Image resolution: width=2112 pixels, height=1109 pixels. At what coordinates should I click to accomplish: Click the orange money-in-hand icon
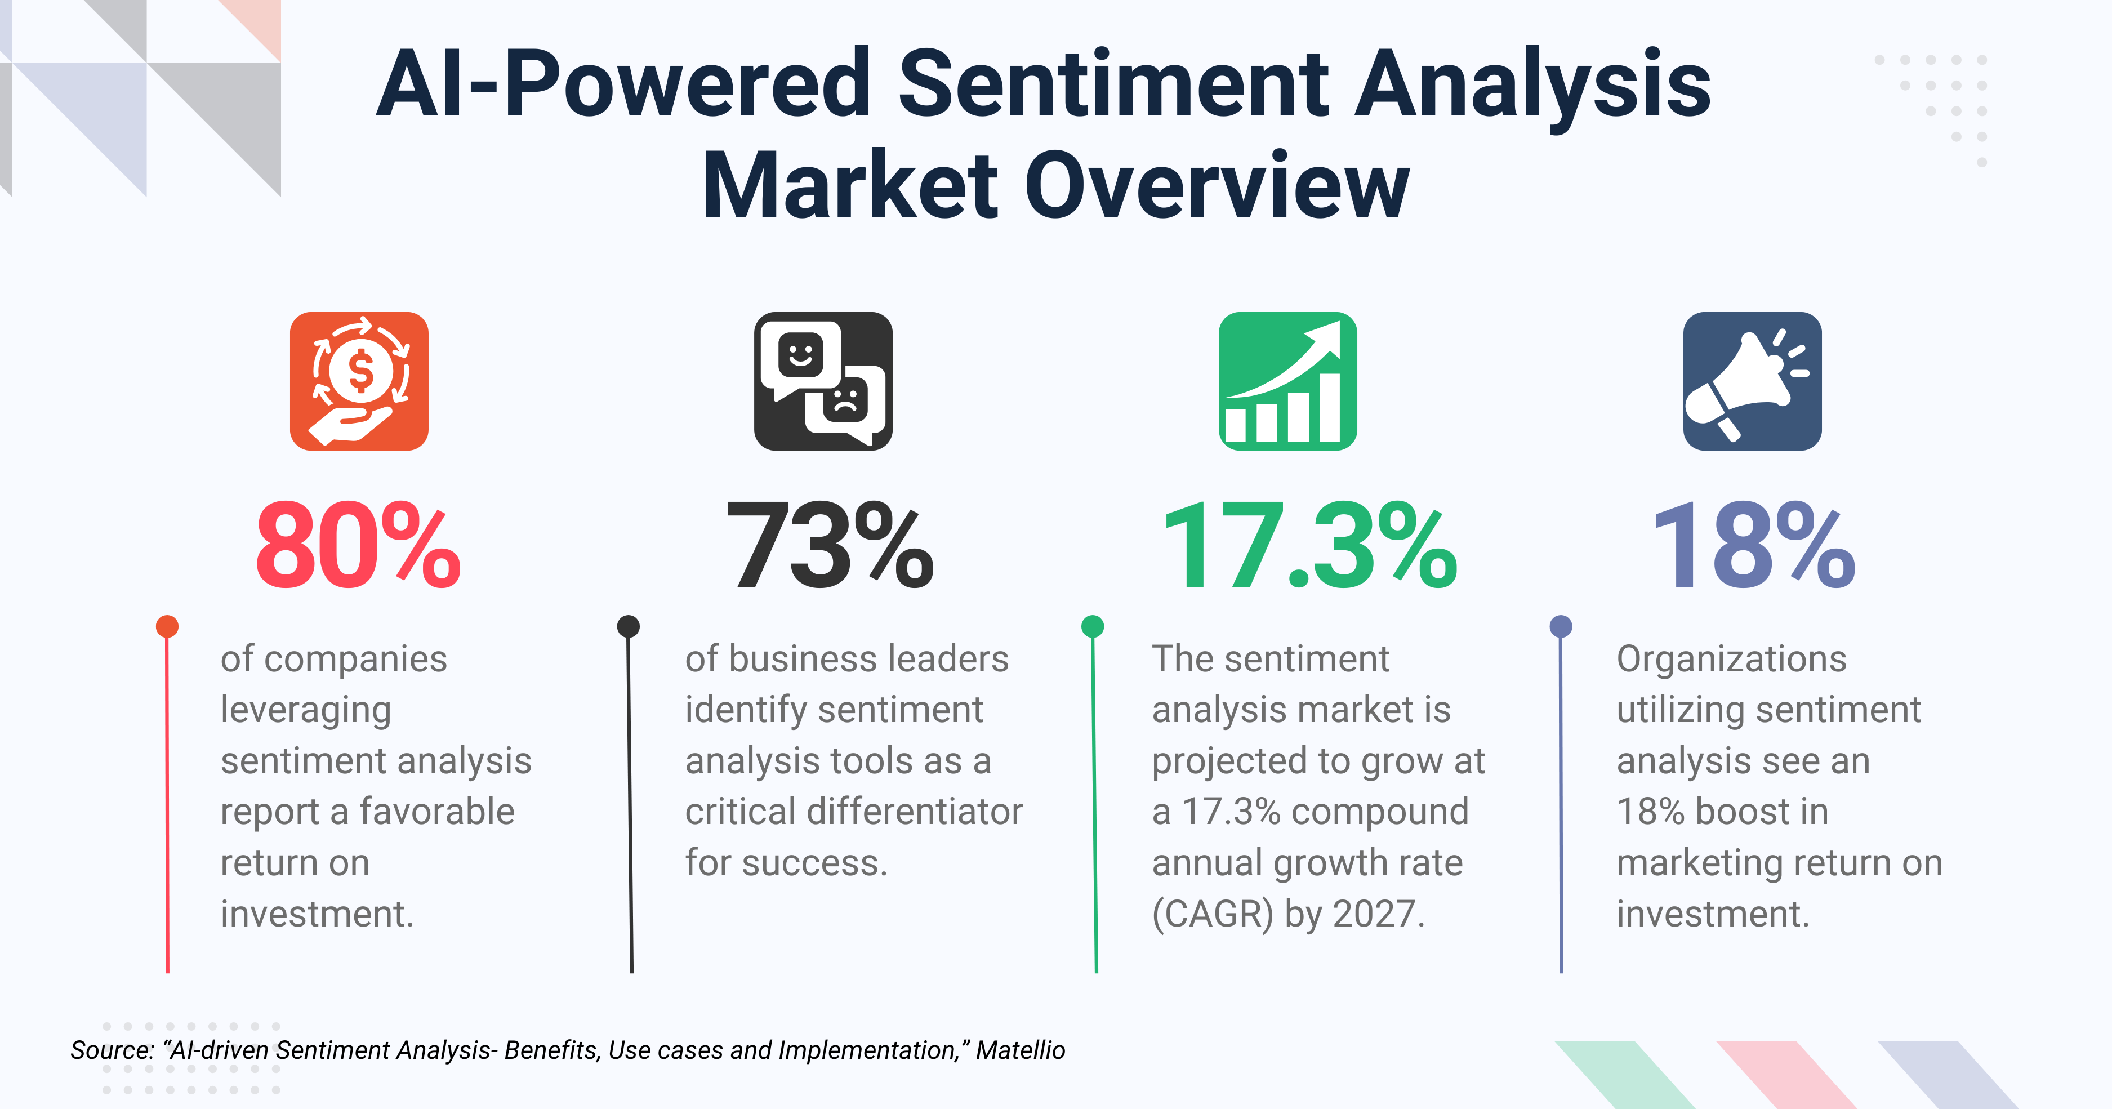(x=359, y=381)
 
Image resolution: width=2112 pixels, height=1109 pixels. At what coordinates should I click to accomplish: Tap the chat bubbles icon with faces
(x=823, y=381)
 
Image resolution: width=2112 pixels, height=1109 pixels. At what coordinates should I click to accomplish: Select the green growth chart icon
(x=1287, y=381)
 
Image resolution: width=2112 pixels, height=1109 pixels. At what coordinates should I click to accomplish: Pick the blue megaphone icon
(x=1752, y=381)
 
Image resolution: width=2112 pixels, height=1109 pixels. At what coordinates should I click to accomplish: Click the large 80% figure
(x=358, y=547)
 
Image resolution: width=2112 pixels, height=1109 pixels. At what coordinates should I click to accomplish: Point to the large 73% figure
(x=830, y=547)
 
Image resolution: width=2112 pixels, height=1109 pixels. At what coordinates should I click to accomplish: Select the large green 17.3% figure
(x=1309, y=547)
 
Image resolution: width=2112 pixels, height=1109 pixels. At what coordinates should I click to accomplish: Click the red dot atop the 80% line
(x=167, y=626)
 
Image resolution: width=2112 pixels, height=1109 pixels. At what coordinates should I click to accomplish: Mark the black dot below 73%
(x=628, y=626)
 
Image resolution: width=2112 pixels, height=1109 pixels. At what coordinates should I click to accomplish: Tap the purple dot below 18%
(x=1560, y=626)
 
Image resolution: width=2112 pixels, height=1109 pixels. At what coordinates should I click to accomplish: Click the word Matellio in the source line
(x=1020, y=1050)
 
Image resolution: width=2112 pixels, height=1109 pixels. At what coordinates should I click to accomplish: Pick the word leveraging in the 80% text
(x=306, y=710)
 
